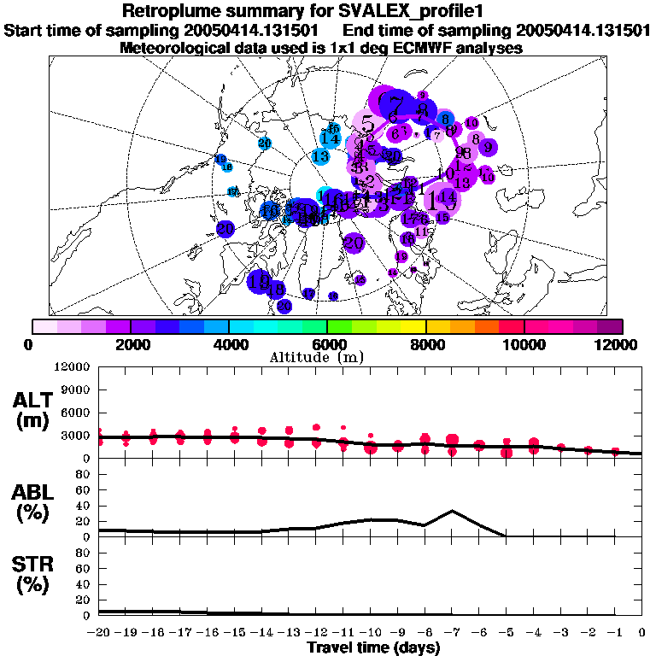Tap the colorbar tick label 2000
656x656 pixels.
pyautogui.click(x=130, y=344)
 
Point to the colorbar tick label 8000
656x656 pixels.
pyautogui.click(x=425, y=344)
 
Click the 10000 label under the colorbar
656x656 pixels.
pyautogui.click(x=523, y=344)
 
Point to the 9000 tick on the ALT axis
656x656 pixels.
pyautogui.click(x=76, y=390)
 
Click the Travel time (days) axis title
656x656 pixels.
pyautogui.click(x=373, y=648)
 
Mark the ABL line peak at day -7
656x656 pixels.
pyautogui.click(x=452, y=511)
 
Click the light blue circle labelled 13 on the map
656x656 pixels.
pyautogui.click(x=321, y=156)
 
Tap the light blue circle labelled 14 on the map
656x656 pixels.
pyautogui.click(x=331, y=138)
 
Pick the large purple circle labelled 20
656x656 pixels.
pyautogui.click(x=353, y=243)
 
